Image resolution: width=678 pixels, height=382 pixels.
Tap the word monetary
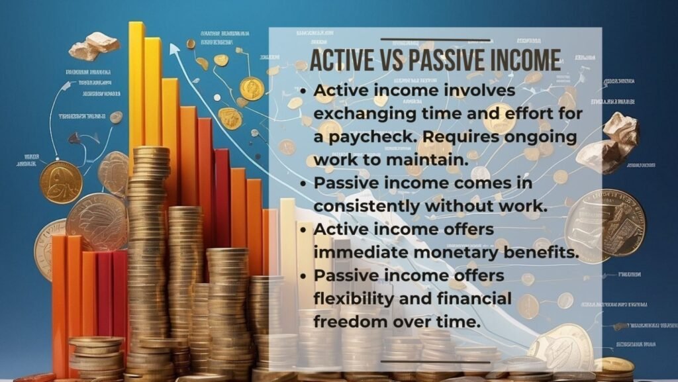click(x=437, y=252)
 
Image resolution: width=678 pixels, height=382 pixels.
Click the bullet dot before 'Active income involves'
click(x=304, y=91)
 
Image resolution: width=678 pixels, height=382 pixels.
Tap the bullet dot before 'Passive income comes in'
click(x=304, y=183)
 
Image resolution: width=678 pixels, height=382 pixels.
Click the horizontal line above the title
click(x=435, y=40)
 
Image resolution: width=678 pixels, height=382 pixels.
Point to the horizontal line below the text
click(x=435, y=362)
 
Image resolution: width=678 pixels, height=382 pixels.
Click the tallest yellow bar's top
click(x=136, y=25)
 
